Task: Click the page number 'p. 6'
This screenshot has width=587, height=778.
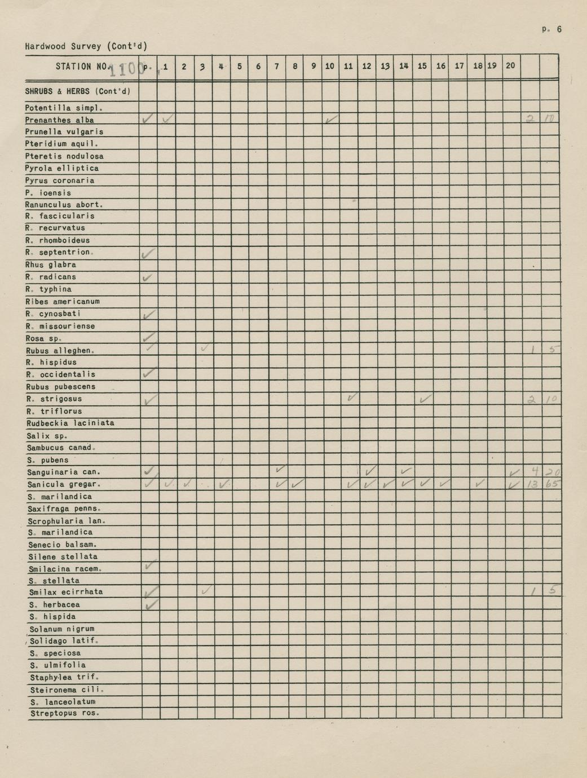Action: [x=551, y=29]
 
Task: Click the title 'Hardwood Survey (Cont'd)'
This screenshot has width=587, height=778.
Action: [x=86, y=46]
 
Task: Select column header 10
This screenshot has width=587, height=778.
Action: [x=330, y=66]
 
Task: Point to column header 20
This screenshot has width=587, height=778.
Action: [x=510, y=65]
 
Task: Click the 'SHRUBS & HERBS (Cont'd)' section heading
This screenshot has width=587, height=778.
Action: [x=78, y=91]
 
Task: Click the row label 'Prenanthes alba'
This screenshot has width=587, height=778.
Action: [x=59, y=120]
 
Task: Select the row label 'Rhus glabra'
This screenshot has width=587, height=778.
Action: [x=51, y=264]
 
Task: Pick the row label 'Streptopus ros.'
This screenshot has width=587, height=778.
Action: [x=64, y=713]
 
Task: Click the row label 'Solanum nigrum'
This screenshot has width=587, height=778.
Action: [x=62, y=629]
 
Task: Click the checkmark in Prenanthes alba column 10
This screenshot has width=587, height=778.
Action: [x=332, y=119]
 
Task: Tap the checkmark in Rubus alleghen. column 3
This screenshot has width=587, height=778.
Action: [x=204, y=348]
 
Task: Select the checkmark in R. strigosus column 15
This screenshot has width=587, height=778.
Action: [x=425, y=399]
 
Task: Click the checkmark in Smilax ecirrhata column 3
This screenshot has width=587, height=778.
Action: [x=206, y=591]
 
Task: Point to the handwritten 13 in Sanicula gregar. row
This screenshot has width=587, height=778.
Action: [x=532, y=484]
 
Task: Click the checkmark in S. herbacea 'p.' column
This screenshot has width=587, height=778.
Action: [x=150, y=605]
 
